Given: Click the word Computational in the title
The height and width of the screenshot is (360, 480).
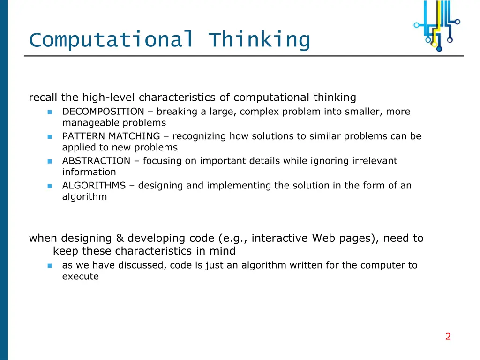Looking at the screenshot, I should [x=111, y=39].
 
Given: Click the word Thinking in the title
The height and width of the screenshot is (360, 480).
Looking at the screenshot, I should [x=259, y=39].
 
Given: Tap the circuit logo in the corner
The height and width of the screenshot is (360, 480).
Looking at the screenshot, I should [x=437, y=25].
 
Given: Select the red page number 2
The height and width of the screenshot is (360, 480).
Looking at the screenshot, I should [x=448, y=336].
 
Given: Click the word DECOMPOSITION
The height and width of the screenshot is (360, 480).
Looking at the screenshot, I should [x=103, y=112].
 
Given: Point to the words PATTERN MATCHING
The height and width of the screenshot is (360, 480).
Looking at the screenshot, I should [x=111, y=136].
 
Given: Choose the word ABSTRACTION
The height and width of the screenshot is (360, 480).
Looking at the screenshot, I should [x=96, y=161].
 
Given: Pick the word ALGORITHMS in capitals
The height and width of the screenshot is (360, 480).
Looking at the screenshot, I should [x=94, y=186].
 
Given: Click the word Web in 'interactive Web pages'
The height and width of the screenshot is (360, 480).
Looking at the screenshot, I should [x=322, y=238].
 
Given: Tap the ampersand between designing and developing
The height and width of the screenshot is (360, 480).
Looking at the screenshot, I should [x=120, y=238].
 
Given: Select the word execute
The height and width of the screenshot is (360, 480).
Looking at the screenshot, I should [x=80, y=277].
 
